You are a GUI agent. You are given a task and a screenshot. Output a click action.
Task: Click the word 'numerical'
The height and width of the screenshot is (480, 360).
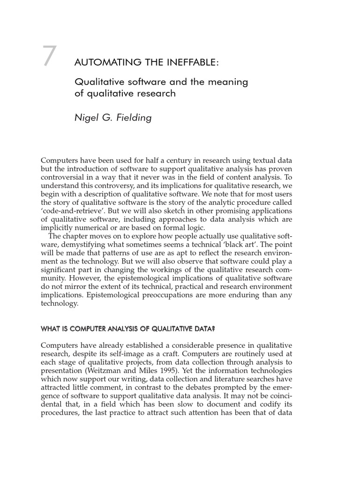(x=96, y=227)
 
